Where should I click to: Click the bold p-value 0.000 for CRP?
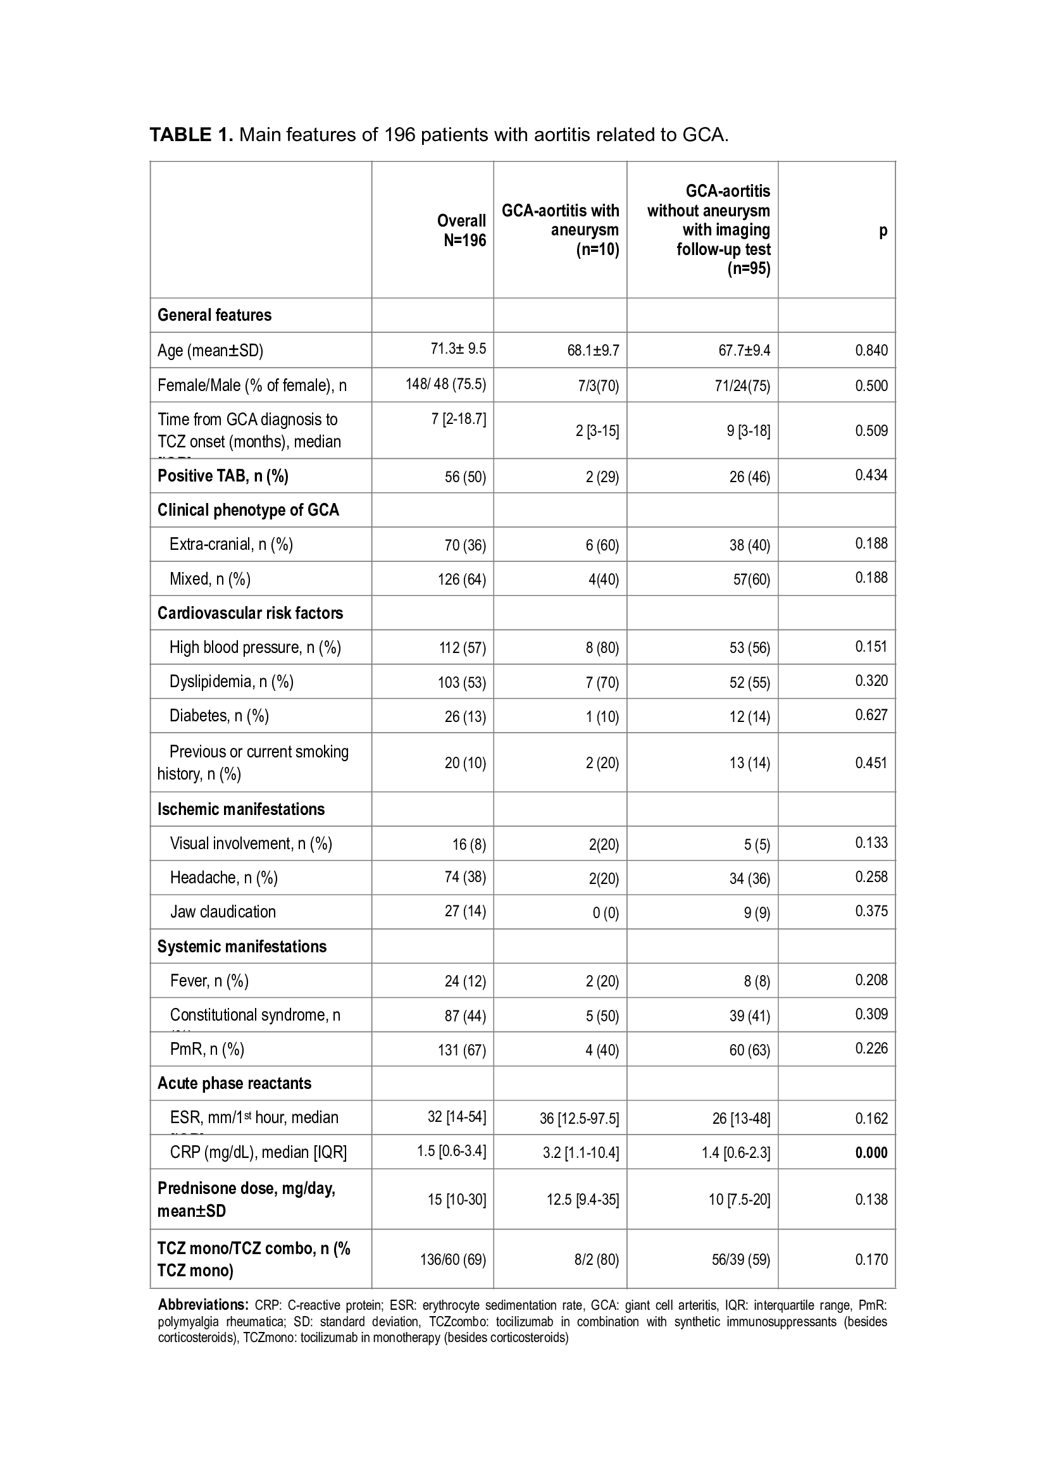pyautogui.click(x=871, y=1152)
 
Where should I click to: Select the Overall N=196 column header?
pyautogui.click(x=461, y=230)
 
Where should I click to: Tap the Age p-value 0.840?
pyautogui.click(x=871, y=350)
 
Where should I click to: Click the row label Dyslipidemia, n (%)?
pyautogui.click(x=232, y=681)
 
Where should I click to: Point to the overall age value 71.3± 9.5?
pyautogui.click(x=458, y=349)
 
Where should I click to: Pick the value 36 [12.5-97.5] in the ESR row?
pyautogui.click(x=579, y=1118)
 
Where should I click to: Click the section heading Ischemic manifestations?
pyautogui.click(x=241, y=809)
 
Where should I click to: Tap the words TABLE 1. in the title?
pyautogui.click(x=190, y=135)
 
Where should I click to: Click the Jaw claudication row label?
pyautogui.click(x=223, y=911)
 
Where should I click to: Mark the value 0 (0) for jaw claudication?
pyautogui.click(x=606, y=914)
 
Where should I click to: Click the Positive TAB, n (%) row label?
pyautogui.click(x=223, y=476)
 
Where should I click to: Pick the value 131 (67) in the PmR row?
pyautogui.click(x=461, y=1050)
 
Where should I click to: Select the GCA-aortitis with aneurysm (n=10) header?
pyautogui.click(x=560, y=230)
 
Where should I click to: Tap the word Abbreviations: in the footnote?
pyautogui.click(x=203, y=1305)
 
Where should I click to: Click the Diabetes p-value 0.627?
pyautogui.click(x=871, y=714)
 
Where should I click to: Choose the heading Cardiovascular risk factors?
pyautogui.click(x=250, y=613)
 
